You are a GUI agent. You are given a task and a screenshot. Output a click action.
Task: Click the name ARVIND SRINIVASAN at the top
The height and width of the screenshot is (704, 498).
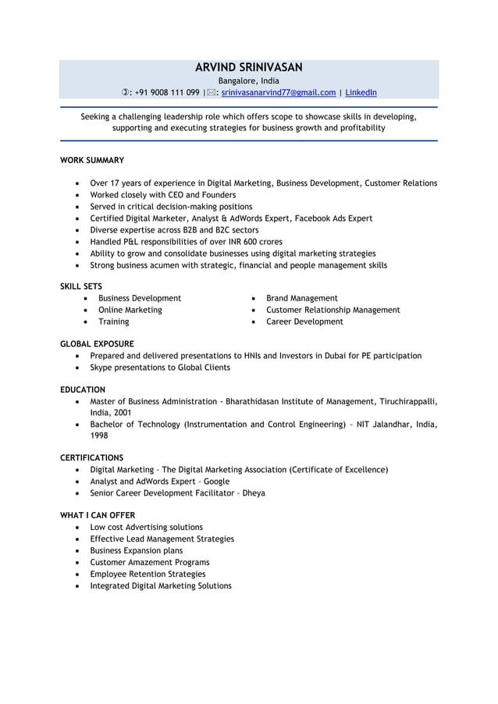point(248,67)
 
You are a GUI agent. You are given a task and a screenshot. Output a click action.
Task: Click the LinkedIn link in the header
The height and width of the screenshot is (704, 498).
point(361,93)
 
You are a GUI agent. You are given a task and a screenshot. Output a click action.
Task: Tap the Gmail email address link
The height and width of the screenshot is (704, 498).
point(279,93)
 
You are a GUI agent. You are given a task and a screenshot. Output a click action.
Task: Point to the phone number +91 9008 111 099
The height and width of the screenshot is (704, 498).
point(167,93)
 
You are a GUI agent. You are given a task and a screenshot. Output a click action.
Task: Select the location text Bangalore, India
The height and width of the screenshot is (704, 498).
point(248,80)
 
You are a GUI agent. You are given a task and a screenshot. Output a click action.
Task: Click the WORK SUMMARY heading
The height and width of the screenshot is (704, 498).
point(92,160)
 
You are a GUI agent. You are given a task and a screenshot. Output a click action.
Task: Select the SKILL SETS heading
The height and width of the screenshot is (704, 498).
point(81,286)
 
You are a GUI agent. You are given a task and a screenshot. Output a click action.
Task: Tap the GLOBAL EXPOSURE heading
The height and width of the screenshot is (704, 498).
point(97,343)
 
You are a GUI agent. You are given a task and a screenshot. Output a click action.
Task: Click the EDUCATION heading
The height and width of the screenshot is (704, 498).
point(83,389)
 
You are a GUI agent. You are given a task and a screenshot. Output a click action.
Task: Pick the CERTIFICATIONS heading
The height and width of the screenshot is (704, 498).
point(92,457)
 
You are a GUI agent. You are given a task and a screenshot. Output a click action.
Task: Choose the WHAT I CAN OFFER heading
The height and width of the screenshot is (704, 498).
point(98,515)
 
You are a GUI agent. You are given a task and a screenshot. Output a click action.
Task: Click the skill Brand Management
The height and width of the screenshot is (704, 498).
point(302,298)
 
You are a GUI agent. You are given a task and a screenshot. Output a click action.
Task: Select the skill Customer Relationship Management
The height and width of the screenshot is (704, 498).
point(333,310)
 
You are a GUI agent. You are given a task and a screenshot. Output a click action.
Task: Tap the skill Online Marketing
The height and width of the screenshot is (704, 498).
point(130,310)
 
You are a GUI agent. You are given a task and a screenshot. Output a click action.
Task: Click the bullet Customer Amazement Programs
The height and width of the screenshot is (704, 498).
point(150,562)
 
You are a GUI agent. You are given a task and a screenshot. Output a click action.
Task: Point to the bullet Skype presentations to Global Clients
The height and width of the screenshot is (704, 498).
point(160,367)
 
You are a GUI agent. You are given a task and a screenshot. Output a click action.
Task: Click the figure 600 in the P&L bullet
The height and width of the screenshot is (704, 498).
point(253,242)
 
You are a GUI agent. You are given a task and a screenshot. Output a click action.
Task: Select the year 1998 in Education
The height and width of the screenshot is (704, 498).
point(99,436)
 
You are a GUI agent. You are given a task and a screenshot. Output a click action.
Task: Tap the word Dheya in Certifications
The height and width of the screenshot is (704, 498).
point(254,493)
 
